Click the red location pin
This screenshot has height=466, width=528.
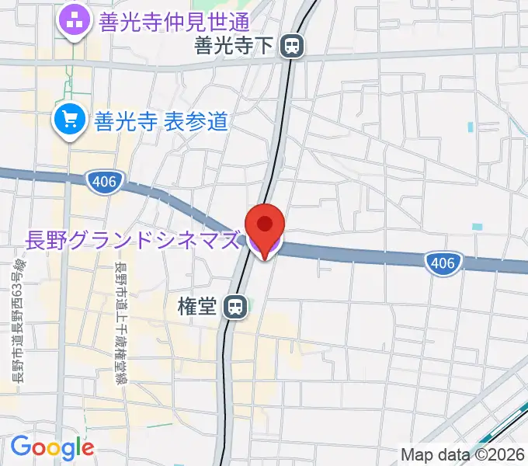265,225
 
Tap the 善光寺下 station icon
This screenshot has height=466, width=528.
293,47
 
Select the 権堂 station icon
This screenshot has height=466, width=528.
234,308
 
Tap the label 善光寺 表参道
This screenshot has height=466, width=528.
161,121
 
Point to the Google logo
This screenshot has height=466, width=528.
52,447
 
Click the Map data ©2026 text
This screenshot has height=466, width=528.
463,454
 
